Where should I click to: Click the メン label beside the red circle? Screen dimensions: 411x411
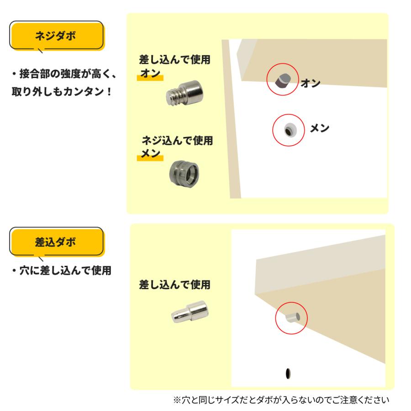(319, 128)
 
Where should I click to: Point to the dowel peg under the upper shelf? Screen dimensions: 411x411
(282, 81)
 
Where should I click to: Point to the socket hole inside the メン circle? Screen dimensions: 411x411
(289, 131)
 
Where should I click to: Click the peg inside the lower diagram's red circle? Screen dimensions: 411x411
(291, 317)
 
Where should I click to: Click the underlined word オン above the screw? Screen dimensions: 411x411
(151, 74)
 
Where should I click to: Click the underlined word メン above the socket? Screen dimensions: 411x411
(151, 154)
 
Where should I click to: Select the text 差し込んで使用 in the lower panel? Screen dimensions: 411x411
(174, 285)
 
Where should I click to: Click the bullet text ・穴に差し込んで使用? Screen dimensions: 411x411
(61, 270)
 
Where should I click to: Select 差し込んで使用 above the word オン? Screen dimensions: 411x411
(174, 61)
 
